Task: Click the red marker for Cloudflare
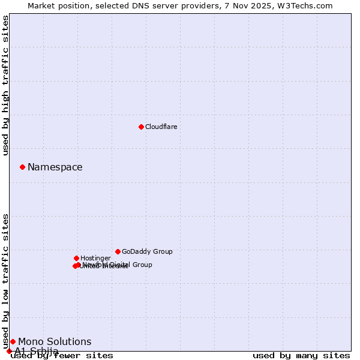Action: coord(141,127)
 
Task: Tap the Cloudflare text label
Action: coord(161,127)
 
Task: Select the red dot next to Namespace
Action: coord(22,167)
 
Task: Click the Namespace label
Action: coord(55,167)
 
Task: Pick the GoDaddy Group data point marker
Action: coord(118,251)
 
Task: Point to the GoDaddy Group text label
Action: coord(147,251)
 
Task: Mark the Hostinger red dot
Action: coord(76,258)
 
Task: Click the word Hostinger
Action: coord(95,258)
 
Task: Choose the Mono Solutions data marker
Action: coord(13,341)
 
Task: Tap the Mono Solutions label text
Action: coord(55,342)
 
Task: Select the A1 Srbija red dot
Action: coord(9,351)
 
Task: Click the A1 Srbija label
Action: coord(37,351)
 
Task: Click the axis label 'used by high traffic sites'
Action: coord(6,85)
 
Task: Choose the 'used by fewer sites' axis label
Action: coord(62,356)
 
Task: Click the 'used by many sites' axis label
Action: coord(301,356)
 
